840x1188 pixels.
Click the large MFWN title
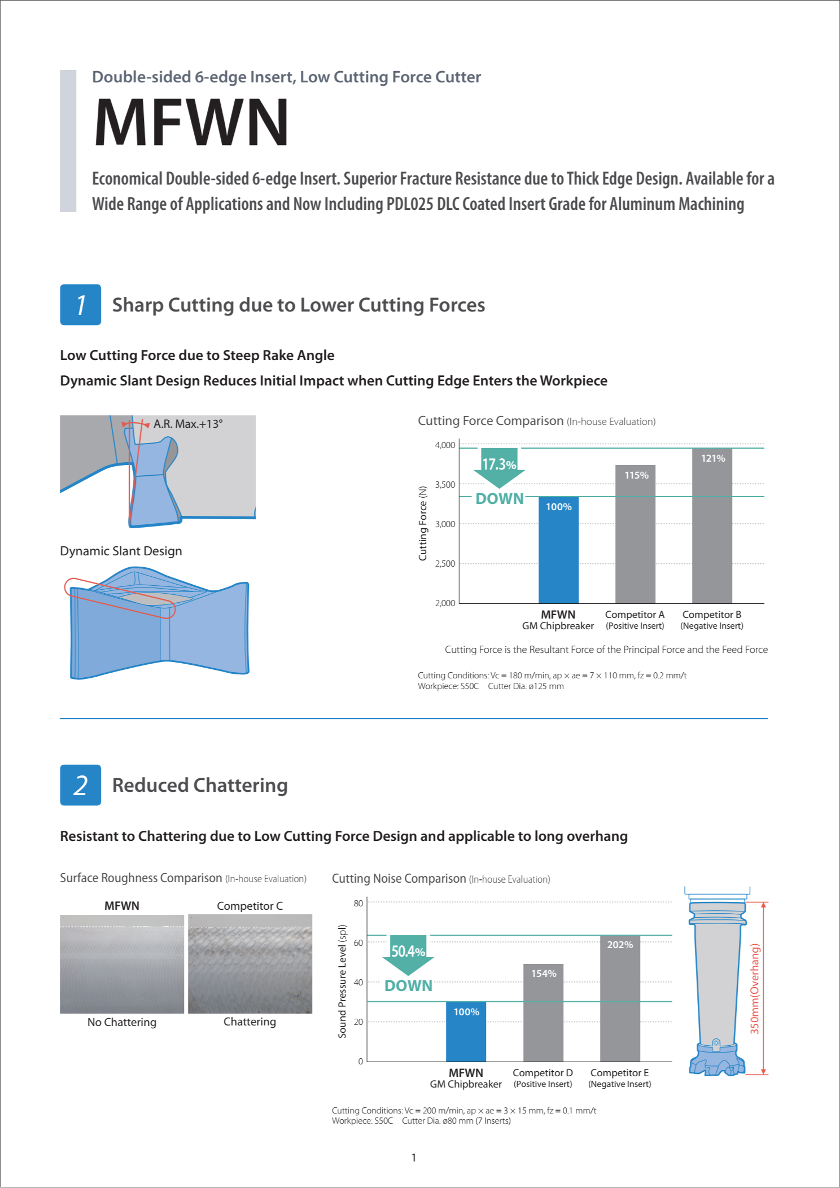point(191,122)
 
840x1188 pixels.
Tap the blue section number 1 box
point(81,305)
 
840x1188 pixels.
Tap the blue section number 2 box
point(81,785)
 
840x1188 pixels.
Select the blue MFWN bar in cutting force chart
point(558,550)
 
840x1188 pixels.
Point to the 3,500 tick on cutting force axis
point(445,485)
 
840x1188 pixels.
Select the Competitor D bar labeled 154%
point(543,1012)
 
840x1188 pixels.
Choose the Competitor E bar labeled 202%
point(620,998)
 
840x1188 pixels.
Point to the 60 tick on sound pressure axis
point(358,943)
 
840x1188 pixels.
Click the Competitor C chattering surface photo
point(250,964)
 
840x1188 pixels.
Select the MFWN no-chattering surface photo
point(122,964)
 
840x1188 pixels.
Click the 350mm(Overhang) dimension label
point(755,988)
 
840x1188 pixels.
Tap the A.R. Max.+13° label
point(188,424)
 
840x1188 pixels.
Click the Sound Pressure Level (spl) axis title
point(342,981)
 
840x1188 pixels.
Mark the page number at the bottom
point(414,1158)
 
